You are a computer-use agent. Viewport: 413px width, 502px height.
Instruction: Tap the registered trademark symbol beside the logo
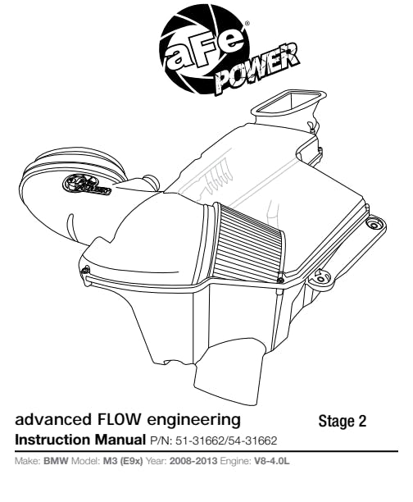click(x=247, y=23)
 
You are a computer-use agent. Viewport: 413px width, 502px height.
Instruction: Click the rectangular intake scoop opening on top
click(x=288, y=103)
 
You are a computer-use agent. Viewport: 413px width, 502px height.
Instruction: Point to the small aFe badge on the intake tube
click(x=87, y=185)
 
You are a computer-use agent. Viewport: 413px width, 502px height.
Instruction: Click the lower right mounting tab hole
click(x=320, y=277)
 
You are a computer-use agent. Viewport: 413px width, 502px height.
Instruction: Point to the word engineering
click(x=193, y=421)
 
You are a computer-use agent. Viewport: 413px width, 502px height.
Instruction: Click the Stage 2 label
click(x=342, y=422)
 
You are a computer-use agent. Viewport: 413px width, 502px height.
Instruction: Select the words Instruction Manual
click(x=80, y=440)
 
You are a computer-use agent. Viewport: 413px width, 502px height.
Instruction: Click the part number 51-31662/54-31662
click(x=226, y=440)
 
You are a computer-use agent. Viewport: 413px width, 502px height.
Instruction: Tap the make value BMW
click(x=56, y=461)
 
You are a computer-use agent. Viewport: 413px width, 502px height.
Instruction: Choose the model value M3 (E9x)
click(x=123, y=461)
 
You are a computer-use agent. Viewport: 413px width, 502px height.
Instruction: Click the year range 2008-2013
click(x=193, y=461)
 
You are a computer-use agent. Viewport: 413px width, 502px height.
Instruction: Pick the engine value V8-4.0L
click(x=272, y=461)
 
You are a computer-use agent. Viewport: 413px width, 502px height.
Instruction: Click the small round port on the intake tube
click(x=151, y=182)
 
